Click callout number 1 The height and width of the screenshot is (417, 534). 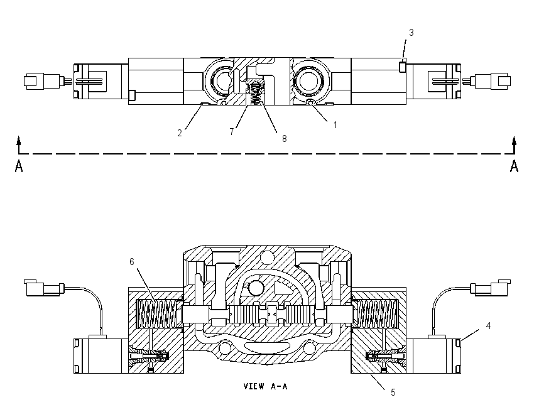335,125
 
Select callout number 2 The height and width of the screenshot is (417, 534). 180,133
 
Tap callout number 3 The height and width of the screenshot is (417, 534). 411,33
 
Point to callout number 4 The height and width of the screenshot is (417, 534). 488,326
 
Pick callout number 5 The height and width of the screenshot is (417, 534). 393,393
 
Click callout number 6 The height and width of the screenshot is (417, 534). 132,261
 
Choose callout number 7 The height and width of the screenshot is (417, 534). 232,131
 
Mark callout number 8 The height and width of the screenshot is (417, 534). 284,139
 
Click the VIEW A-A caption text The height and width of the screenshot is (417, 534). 265,386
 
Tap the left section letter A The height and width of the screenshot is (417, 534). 19,166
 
